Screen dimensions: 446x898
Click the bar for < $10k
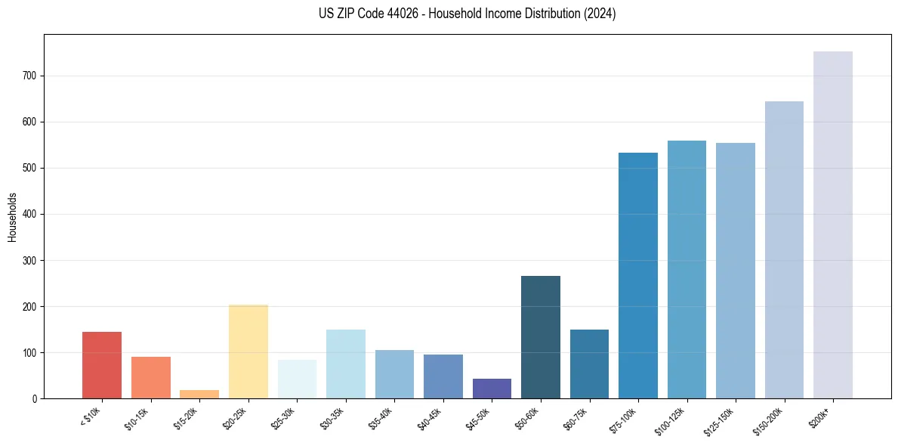[x=102, y=365]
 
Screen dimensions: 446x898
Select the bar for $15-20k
[x=199, y=394]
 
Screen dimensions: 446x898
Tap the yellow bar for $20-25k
[x=248, y=352]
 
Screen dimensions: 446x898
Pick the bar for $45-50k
[x=492, y=389]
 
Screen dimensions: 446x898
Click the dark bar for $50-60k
[x=541, y=337]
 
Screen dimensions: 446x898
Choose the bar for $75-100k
[x=638, y=276]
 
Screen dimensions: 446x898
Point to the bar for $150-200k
[x=784, y=250]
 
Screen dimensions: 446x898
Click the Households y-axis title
[x=12, y=217]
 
